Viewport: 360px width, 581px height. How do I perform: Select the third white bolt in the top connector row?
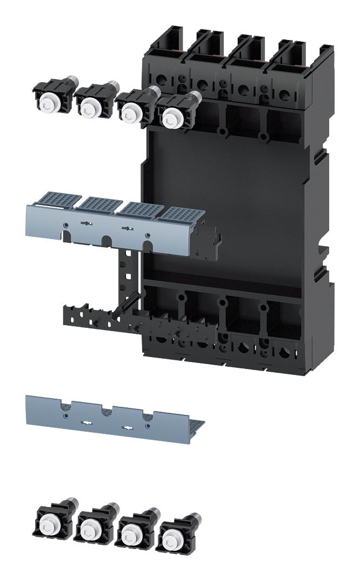tap(130, 111)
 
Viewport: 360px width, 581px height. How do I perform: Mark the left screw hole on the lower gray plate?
tap(65, 415)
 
